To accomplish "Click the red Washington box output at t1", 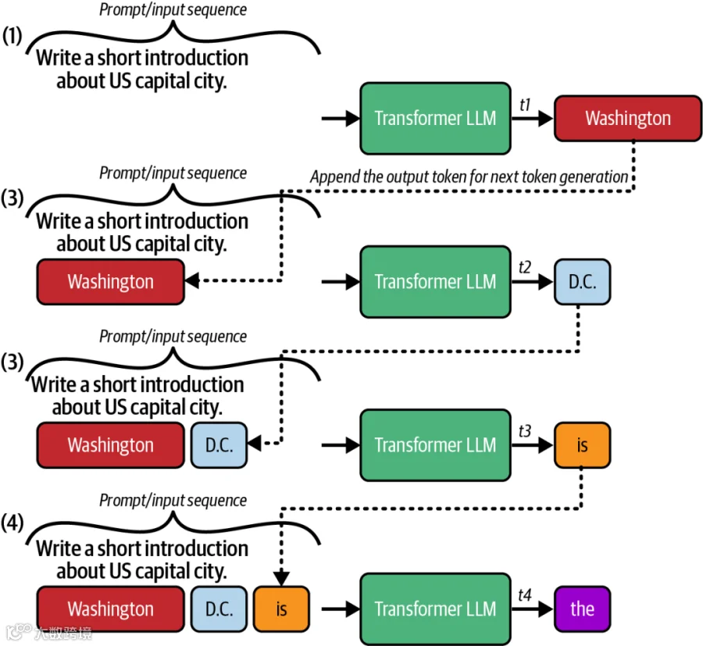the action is (628, 119).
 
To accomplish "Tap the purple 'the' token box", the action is (582, 609).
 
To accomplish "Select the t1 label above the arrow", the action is (525, 105).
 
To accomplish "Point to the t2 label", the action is (525, 268).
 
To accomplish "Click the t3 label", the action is (525, 431).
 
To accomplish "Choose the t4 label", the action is (525, 595).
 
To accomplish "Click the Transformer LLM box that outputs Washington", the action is (435, 119).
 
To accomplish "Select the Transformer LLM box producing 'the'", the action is (435, 609).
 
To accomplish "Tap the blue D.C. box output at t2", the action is (582, 282).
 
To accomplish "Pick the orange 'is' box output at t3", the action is (582, 445).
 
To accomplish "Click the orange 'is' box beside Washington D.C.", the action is (281, 609).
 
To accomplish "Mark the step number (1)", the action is (12, 35).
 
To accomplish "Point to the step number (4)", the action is (12, 523).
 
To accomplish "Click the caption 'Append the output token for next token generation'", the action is (469, 177).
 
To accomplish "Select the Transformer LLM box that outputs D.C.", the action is (435, 282).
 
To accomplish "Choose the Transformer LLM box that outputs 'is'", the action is (435, 445).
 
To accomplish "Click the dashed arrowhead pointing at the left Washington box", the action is (192, 280).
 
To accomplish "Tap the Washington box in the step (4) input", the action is (111, 609).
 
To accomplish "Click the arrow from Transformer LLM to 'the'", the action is (532, 609).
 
